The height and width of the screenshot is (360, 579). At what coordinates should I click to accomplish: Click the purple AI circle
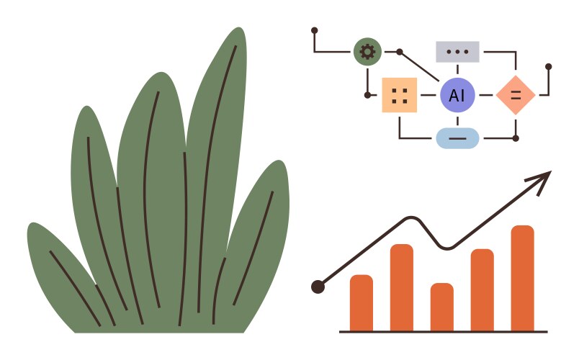pos(457,95)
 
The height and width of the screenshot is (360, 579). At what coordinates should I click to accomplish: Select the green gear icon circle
pos(367,51)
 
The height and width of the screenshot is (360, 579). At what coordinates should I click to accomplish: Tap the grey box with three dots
pos(457,52)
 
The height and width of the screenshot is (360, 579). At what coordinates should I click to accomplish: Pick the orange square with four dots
pos(400,95)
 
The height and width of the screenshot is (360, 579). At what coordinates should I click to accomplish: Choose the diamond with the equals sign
pos(516,94)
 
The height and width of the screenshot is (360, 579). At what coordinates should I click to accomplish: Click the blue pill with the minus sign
pos(457,138)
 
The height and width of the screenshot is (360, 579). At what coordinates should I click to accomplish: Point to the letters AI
pos(457,95)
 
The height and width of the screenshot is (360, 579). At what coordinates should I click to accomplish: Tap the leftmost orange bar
pos(362,302)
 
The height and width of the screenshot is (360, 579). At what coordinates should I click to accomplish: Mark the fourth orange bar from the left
pos(482,289)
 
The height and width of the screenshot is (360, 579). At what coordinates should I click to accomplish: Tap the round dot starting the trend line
pos(318,287)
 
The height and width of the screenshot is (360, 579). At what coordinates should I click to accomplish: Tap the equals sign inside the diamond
pos(516,94)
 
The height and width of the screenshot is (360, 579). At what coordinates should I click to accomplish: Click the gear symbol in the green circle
pos(367,51)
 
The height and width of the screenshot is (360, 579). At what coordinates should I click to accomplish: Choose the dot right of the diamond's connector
pos(548,66)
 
